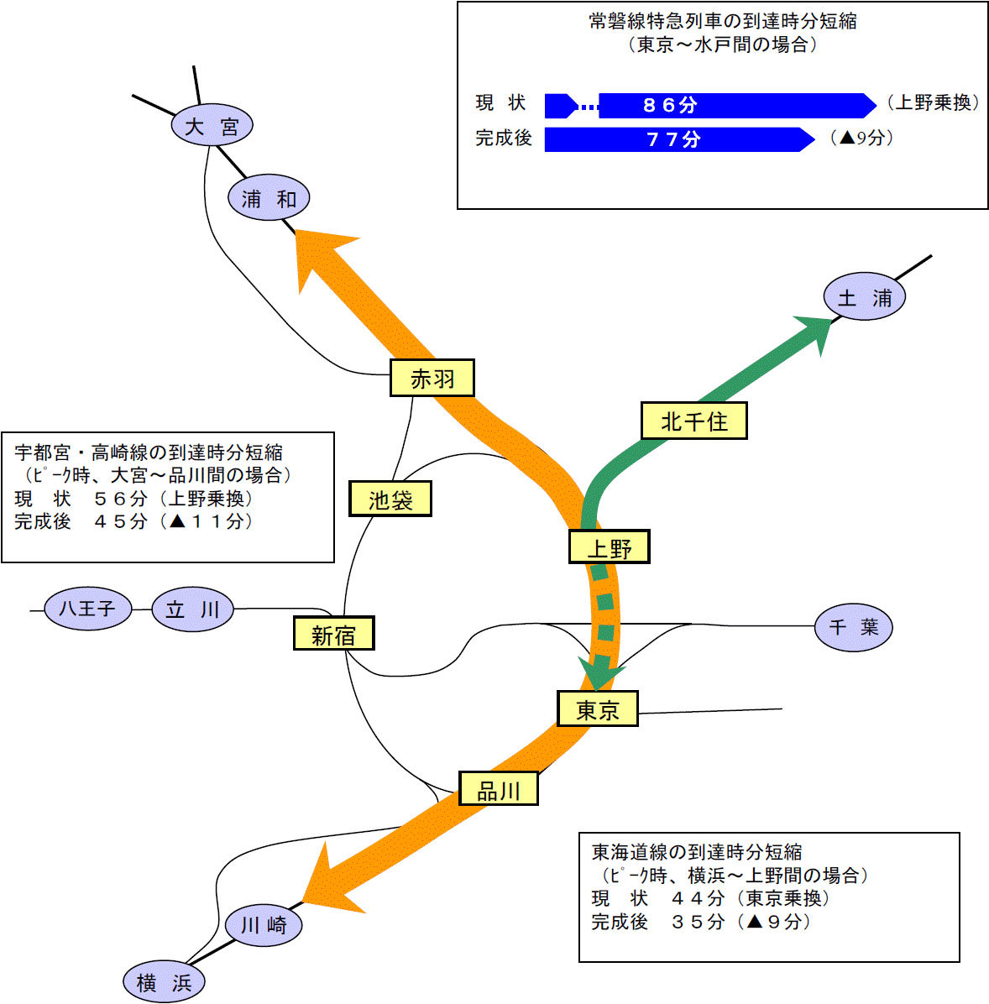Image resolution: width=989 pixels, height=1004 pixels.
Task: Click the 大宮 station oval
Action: (212, 124)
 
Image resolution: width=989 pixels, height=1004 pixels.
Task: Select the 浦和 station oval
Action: (269, 197)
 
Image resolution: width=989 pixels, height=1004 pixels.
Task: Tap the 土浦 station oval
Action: (864, 296)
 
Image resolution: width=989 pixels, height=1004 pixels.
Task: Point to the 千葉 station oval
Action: (853, 627)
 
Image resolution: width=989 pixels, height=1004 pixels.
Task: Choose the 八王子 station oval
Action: (88, 609)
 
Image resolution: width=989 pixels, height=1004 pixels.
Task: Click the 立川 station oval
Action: (192, 609)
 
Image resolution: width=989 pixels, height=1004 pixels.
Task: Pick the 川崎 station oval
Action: (264, 924)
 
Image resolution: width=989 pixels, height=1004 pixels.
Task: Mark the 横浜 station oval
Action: (164, 981)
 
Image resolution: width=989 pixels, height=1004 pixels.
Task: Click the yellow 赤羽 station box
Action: (432, 378)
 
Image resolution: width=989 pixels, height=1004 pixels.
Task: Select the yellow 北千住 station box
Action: (694, 421)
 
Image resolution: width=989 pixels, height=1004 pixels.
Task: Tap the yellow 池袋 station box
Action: (390, 499)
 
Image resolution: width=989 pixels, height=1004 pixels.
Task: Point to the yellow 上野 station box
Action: (610, 546)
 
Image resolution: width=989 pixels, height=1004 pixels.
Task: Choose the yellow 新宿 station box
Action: (333, 633)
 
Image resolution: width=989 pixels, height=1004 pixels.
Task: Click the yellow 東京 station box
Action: (598, 709)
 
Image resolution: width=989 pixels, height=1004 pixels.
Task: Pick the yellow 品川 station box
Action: (499, 789)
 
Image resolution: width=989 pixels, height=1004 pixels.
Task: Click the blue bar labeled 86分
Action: (710, 106)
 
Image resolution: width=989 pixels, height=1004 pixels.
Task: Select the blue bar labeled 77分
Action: (679, 139)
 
